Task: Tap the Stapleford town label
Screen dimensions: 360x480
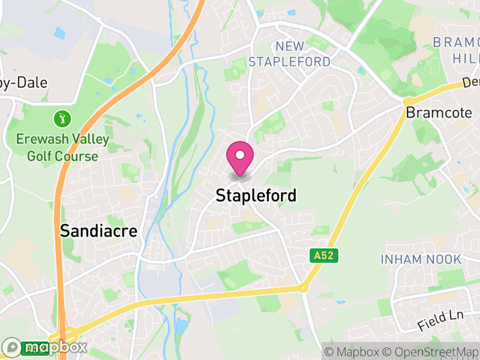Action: tap(256, 196)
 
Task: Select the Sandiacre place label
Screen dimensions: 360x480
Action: tap(98, 231)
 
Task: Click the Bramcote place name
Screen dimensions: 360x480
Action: tap(439, 113)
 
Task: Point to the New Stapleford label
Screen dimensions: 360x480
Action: tap(289, 54)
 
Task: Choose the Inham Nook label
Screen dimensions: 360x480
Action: tap(421, 259)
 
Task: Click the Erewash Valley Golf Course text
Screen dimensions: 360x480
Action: tap(62, 148)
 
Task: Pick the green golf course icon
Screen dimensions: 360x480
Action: tap(62, 118)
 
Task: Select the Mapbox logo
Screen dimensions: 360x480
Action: tap(45, 347)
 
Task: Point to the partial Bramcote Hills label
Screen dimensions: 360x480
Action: tap(457, 50)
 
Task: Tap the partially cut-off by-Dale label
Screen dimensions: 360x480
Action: tap(24, 83)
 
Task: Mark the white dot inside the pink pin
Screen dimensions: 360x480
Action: tap(240, 155)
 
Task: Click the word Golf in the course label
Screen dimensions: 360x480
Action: tap(40, 157)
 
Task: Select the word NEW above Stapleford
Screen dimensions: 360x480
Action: tap(290, 46)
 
